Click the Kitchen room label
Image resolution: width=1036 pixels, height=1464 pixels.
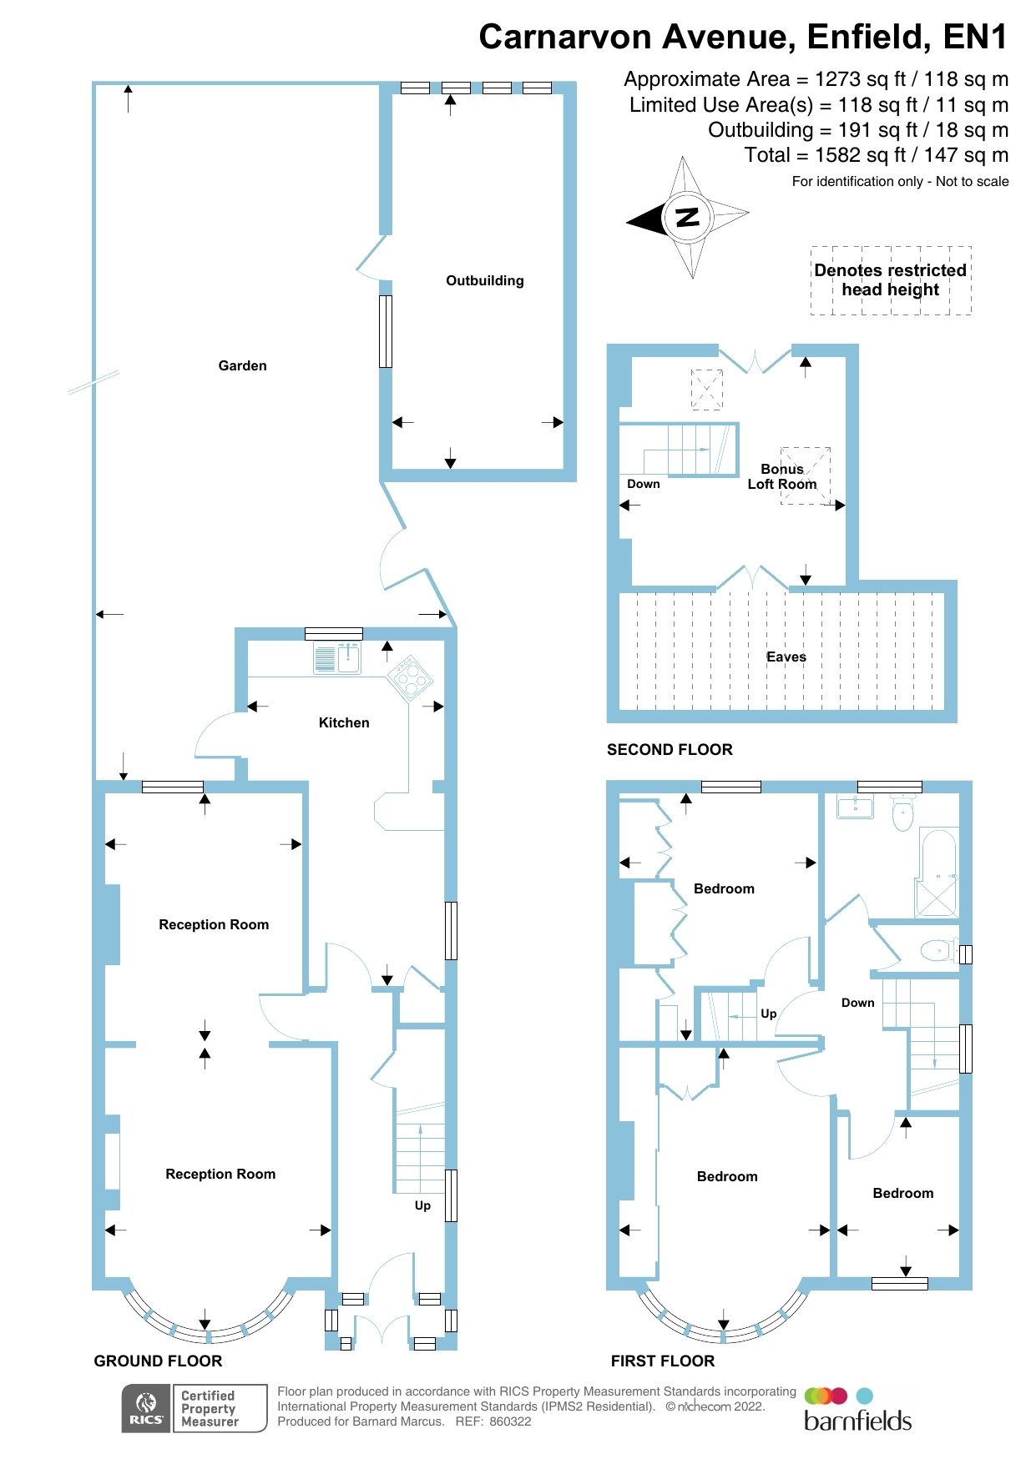tap(344, 722)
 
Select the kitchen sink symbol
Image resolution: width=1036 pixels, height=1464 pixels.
tap(337, 657)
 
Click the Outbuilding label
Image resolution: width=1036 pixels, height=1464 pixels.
tap(484, 280)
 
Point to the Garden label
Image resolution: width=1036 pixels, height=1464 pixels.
tap(242, 365)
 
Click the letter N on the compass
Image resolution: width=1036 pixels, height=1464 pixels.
tap(687, 218)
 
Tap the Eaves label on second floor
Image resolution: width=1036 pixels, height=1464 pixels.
tap(786, 657)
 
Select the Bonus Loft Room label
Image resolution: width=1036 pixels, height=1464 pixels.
tap(782, 476)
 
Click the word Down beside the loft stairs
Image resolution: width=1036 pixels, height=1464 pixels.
tap(643, 484)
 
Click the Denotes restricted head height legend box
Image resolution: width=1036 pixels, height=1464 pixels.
tap(891, 280)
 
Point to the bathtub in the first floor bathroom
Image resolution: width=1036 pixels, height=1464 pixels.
tap(938, 872)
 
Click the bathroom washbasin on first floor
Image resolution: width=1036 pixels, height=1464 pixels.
tap(854, 807)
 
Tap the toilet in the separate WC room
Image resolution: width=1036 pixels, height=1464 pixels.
tap(938, 950)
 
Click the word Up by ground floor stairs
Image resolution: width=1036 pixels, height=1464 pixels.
tap(422, 1205)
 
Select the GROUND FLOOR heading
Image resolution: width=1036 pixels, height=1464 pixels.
tap(158, 1361)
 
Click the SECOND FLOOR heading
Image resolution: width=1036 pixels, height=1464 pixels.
tap(670, 749)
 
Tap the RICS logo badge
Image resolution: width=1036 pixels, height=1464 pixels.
tap(146, 1408)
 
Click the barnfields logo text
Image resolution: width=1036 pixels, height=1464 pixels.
tap(857, 1421)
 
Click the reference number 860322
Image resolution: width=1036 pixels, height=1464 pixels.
tap(510, 1421)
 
